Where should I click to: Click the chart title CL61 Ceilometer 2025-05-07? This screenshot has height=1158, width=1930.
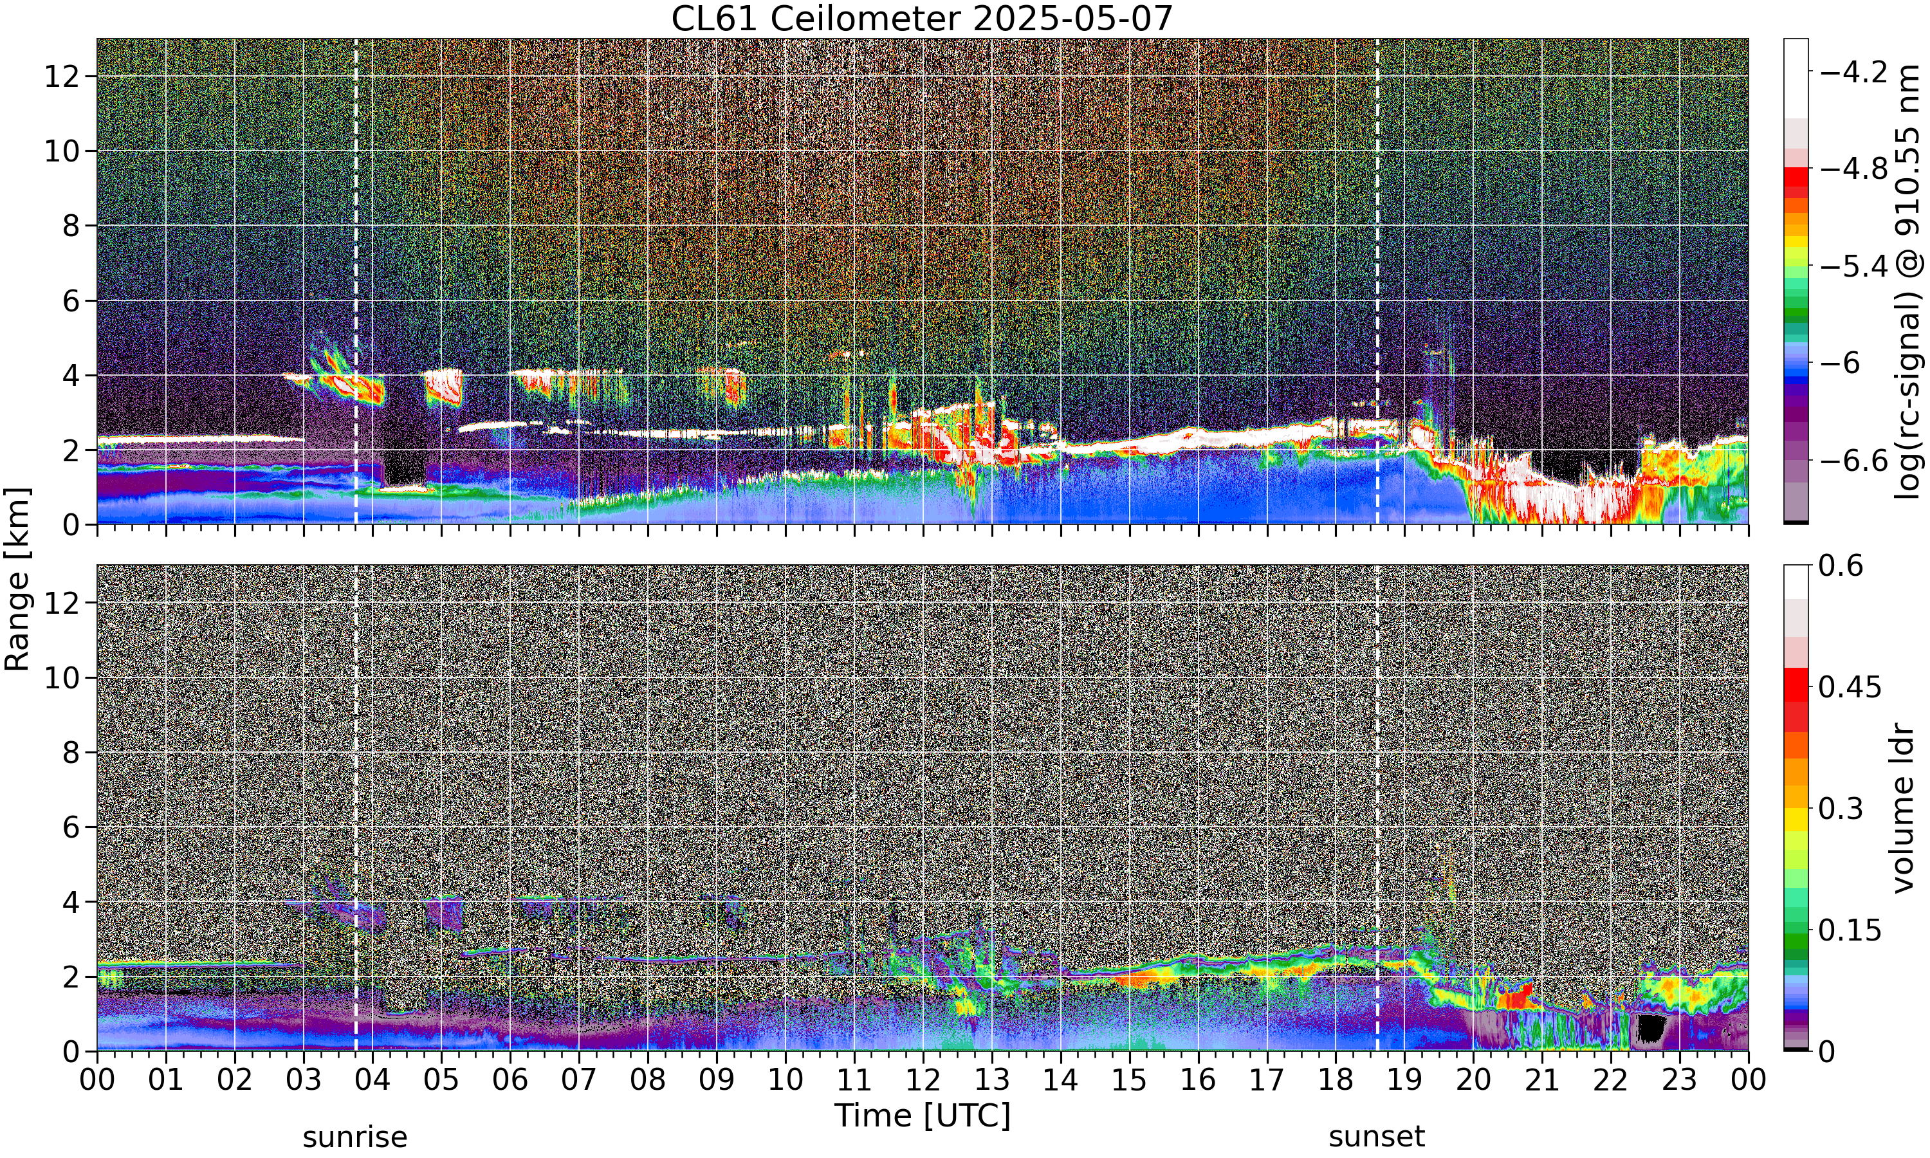click(921, 18)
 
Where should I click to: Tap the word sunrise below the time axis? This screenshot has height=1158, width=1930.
click(355, 1137)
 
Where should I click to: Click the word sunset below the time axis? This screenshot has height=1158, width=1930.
click(1377, 1137)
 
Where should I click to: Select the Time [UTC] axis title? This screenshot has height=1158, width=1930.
click(922, 1115)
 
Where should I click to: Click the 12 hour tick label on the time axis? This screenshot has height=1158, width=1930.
click(923, 1080)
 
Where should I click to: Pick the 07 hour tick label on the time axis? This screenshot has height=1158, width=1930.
click(579, 1080)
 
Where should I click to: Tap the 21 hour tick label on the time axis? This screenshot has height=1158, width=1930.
click(1542, 1080)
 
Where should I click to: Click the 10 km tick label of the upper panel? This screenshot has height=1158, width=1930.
click(62, 151)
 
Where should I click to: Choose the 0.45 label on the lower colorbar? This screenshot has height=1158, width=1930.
click(1850, 686)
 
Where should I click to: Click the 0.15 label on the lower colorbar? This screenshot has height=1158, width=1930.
click(1850, 930)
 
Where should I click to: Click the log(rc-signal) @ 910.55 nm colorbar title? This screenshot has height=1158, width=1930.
click(1908, 282)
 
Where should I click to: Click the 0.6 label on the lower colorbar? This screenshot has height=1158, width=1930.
click(1841, 565)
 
